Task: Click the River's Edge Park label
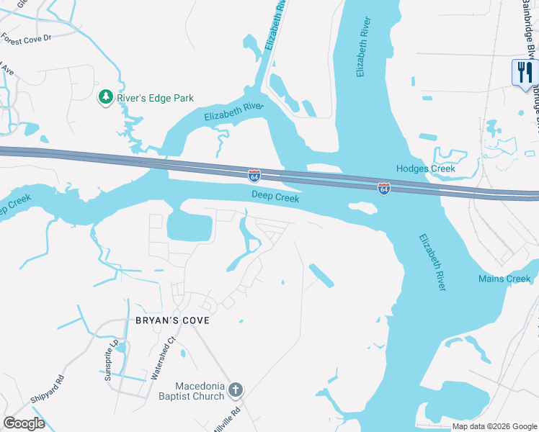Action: point(156,98)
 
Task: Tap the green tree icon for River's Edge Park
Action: point(106,96)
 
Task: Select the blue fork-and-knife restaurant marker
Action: point(524,73)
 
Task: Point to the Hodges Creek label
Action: point(426,169)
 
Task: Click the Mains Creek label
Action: point(504,279)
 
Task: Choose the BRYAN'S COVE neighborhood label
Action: point(172,320)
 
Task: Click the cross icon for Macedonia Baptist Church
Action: point(236,391)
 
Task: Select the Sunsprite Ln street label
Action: point(111,360)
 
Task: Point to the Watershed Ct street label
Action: point(162,359)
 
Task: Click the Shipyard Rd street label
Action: point(48,388)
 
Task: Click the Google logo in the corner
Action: point(24,423)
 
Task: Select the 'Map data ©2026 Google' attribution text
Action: point(494,426)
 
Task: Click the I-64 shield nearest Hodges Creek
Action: point(384,189)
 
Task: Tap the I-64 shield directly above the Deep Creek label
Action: point(254,175)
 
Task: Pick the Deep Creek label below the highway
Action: point(275,196)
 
